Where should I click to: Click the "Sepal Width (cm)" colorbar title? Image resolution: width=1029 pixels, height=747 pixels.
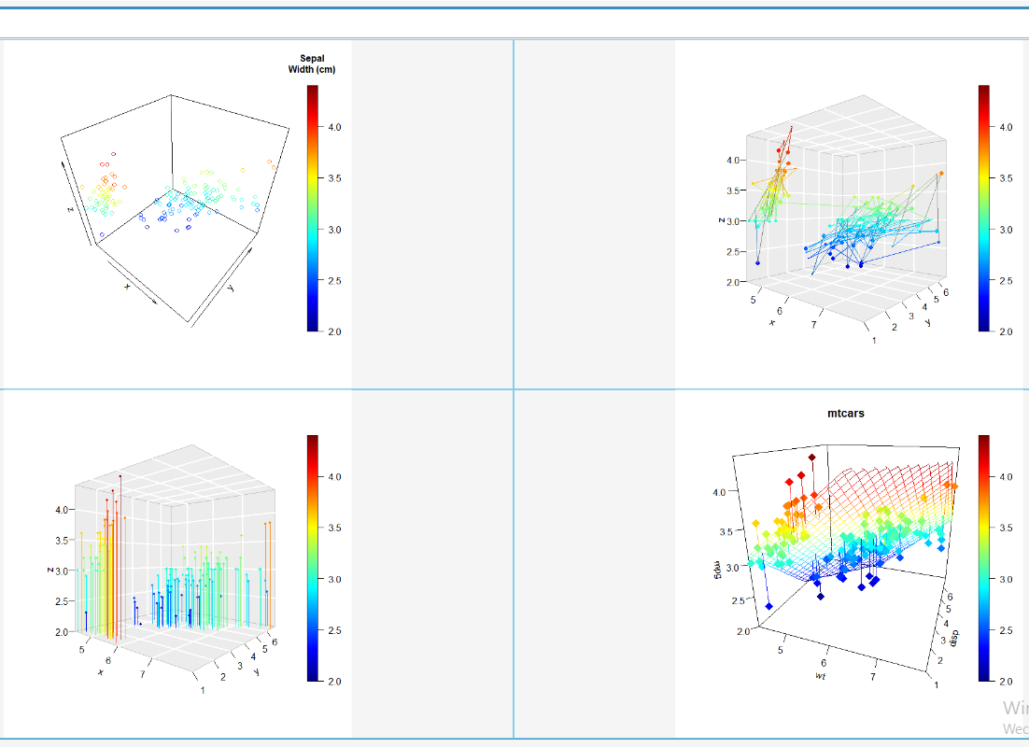click(x=313, y=63)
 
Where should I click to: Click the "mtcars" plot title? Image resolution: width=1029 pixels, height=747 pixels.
click(x=846, y=413)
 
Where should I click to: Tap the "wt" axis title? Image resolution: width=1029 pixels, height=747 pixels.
click(x=820, y=674)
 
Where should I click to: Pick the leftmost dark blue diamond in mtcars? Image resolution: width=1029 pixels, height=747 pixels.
click(x=768, y=607)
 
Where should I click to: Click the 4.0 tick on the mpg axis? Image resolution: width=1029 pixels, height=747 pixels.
click(x=720, y=491)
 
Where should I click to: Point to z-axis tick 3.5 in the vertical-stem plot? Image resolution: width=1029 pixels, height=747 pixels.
click(x=63, y=540)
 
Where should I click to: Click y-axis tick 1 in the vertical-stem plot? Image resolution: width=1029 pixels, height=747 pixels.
click(x=204, y=690)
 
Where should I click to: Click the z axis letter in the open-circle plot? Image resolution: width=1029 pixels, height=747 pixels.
click(x=70, y=209)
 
